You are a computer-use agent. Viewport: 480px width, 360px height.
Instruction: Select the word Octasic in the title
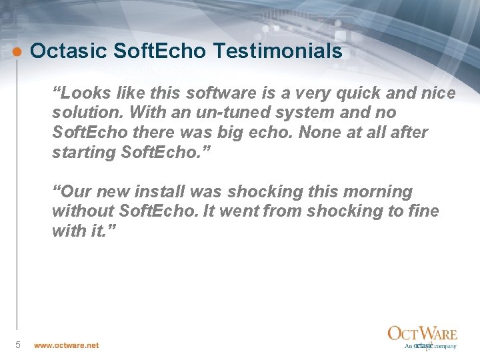click(x=65, y=51)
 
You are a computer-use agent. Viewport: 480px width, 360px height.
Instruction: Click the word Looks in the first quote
click(x=82, y=93)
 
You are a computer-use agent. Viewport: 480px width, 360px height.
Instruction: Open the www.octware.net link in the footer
click(x=67, y=345)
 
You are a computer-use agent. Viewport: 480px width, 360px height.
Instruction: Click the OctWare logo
click(x=423, y=337)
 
